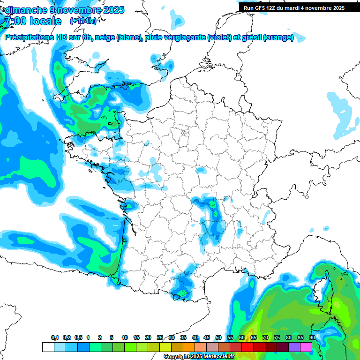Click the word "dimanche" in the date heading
24,10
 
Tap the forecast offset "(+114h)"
83,21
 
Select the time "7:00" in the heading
15,21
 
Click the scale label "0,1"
55,337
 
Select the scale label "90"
312,337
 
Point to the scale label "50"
218,337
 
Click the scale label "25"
160,337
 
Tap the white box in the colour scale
48,347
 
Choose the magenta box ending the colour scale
306,347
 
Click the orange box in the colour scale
189,347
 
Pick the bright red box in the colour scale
247,347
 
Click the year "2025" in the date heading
113,10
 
